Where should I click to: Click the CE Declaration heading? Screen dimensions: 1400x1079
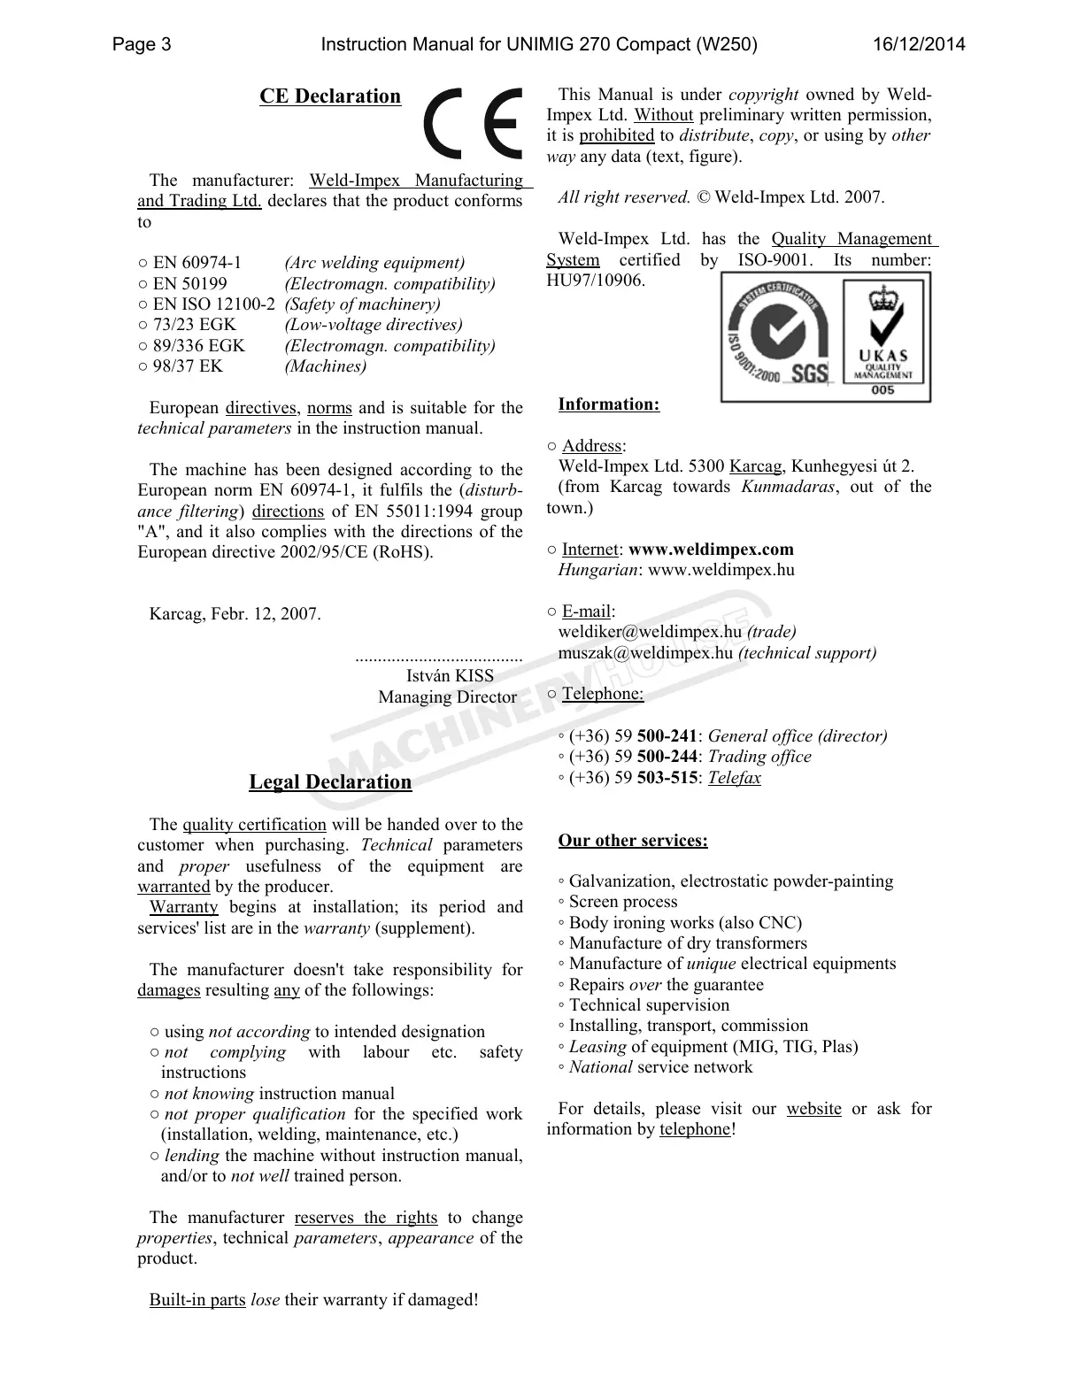click(x=329, y=96)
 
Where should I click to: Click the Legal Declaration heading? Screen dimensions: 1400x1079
click(x=330, y=782)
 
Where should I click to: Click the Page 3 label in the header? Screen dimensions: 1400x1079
click(x=142, y=44)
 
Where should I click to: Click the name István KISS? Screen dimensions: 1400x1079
click(x=450, y=676)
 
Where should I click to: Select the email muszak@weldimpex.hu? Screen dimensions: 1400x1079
click(x=645, y=653)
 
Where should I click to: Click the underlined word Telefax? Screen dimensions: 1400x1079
click(x=734, y=778)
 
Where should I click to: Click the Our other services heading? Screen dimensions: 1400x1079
click(x=632, y=841)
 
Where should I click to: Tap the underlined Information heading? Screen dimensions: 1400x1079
click(x=608, y=405)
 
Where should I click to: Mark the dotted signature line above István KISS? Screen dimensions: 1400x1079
click(x=438, y=658)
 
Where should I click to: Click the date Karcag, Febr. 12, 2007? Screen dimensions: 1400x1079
click(x=235, y=614)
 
